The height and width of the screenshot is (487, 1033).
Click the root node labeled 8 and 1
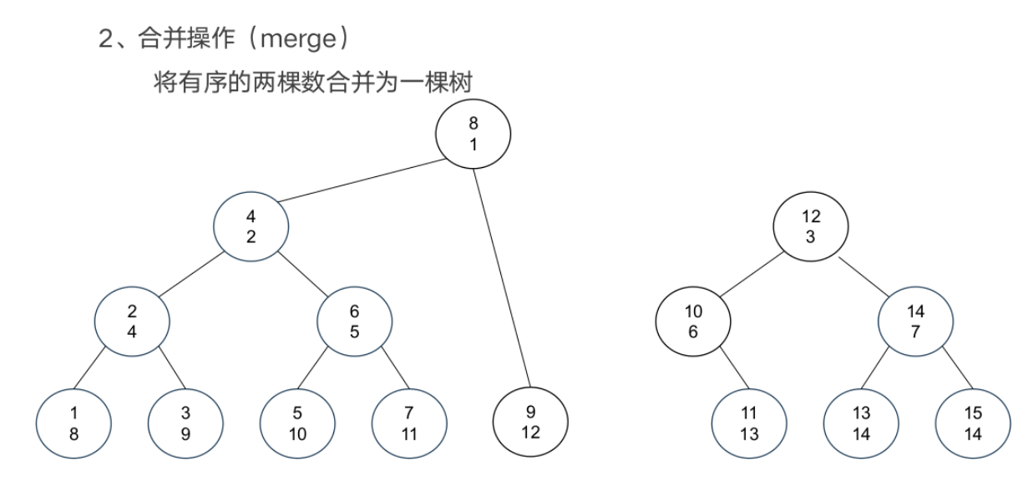point(473,133)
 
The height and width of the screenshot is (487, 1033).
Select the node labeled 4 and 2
point(251,226)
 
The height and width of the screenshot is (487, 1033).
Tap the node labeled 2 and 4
point(132,321)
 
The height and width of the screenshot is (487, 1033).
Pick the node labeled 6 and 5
point(355,321)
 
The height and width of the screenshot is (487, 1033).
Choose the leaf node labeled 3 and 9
point(185,422)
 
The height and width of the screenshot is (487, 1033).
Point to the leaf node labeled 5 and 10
point(297,422)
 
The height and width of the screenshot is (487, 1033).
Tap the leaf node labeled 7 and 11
point(409,422)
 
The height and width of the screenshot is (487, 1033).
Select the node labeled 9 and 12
point(530,422)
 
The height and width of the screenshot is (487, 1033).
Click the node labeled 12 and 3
point(810,226)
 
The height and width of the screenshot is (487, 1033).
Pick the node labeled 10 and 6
point(693,321)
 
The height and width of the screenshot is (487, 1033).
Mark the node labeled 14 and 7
point(916,321)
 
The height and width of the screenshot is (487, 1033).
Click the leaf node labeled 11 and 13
point(750,422)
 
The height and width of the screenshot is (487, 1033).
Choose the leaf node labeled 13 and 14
point(861,422)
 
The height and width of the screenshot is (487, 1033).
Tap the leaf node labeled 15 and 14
point(973,422)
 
